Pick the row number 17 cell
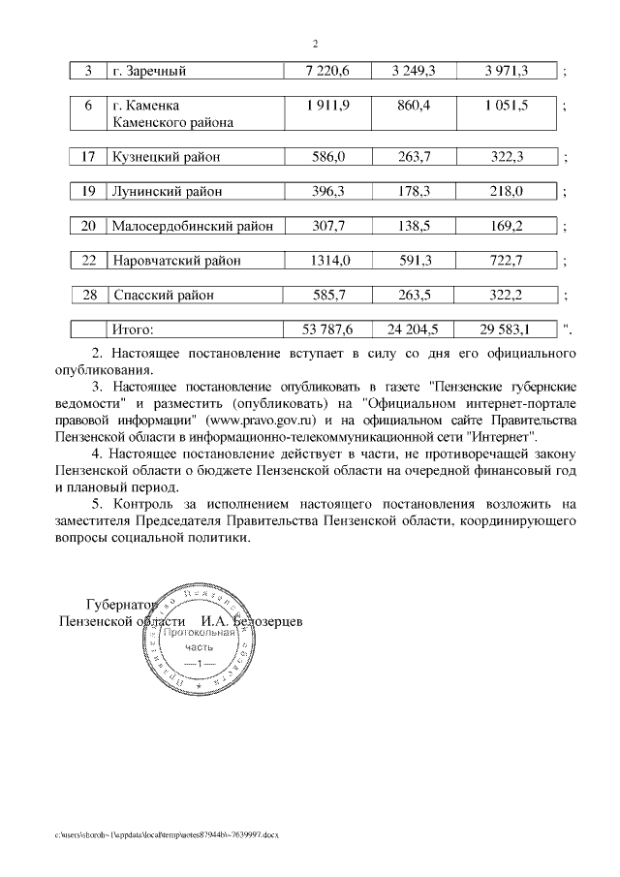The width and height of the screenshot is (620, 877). (88, 157)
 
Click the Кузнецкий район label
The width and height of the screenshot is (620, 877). (166, 157)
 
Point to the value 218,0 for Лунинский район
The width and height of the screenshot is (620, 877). (507, 192)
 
